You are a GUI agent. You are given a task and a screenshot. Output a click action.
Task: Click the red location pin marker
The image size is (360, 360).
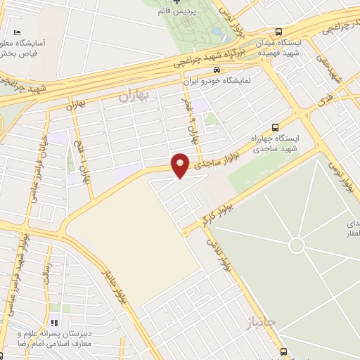pyautogui.click(x=181, y=165)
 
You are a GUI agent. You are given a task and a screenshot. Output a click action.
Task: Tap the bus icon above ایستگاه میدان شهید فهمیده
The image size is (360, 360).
pyautogui.click(x=278, y=32)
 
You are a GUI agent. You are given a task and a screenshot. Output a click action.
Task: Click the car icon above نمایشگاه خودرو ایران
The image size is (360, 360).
pyautogui.click(x=217, y=70)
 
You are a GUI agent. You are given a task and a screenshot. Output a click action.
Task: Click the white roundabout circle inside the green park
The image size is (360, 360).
pyautogui.click(x=297, y=245)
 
